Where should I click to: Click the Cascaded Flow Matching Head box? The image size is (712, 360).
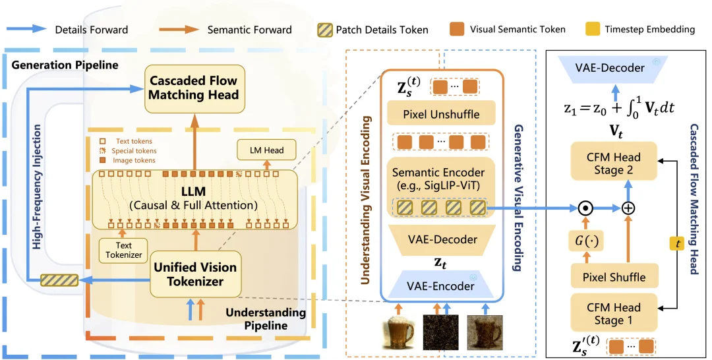tap(193, 88)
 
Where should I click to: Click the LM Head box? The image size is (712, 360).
tap(266, 150)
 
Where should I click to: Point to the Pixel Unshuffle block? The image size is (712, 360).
tap(441, 114)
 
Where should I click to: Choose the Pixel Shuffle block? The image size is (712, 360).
tap(613, 277)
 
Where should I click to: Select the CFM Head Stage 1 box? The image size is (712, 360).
tap(613, 313)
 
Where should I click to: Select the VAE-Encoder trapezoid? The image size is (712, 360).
tap(441, 286)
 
